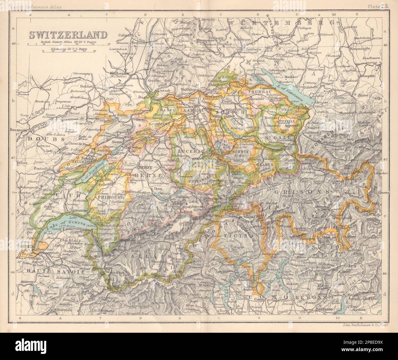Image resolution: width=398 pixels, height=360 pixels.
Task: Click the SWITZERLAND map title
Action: [68, 35]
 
